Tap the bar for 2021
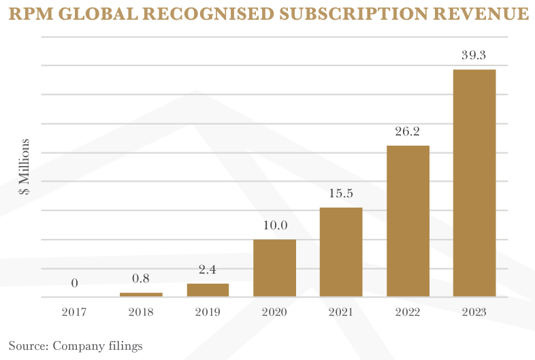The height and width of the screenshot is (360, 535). point(341,252)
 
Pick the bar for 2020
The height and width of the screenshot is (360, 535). point(274,267)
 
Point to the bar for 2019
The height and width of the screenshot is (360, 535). point(208,290)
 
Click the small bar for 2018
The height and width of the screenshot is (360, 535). point(141,294)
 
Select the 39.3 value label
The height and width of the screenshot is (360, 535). point(474,55)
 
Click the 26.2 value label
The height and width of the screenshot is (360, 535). point(407,131)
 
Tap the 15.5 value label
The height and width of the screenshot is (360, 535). point(340,193)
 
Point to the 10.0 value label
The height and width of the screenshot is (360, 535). point(274,225)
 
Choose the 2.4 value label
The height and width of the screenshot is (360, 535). point(208,269)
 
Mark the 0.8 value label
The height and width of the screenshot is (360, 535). point(141,278)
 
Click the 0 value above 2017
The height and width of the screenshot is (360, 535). point(74,283)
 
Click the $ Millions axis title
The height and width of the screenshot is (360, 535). point(25,167)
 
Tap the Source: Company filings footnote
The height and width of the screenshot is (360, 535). point(76,346)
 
